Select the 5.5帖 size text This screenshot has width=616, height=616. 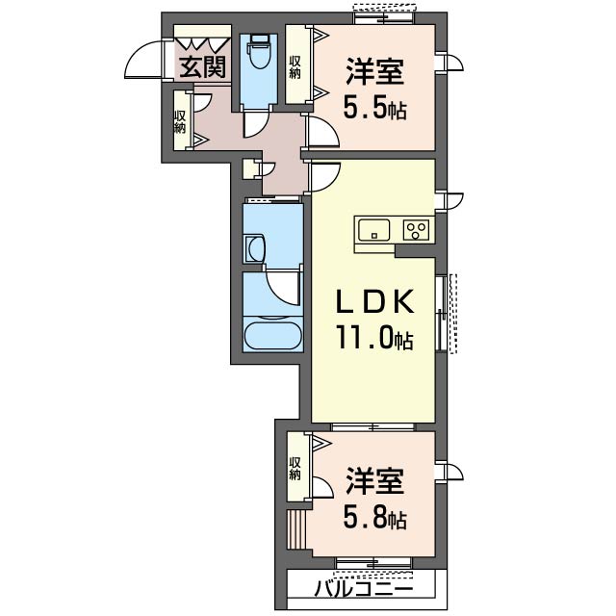click(x=374, y=108)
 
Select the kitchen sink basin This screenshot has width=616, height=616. click(x=373, y=230)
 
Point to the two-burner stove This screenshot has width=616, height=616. click(x=417, y=230)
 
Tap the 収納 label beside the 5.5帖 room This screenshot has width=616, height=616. click(x=296, y=64)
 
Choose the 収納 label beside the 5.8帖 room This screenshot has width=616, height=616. click(x=295, y=468)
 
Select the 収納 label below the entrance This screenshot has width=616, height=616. click(x=180, y=120)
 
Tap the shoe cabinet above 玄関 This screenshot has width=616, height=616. click(x=202, y=43)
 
